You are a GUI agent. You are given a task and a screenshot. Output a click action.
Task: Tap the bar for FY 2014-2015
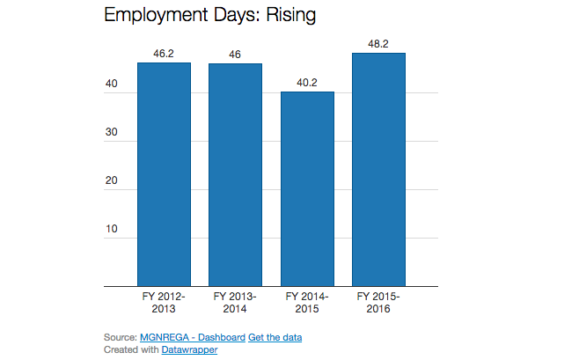click(x=307, y=188)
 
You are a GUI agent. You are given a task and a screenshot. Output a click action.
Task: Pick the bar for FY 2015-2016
click(x=378, y=169)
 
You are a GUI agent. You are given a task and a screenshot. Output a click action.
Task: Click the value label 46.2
click(x=164, y=54)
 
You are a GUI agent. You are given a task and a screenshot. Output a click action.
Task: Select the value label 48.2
click(x=378, y=44)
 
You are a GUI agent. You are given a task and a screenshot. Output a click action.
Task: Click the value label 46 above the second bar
click(x=235, y=55)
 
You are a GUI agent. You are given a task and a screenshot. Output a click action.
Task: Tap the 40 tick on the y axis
click(x=112, y=84)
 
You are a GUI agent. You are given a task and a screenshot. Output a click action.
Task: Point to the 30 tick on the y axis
click(x=112, y=133)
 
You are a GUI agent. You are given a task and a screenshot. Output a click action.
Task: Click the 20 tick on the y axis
click(x=112, y=181)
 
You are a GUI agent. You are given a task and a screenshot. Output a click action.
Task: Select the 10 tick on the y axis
click(x=112, y=230)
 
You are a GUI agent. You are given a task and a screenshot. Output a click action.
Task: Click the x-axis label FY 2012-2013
click(x=164, y=303)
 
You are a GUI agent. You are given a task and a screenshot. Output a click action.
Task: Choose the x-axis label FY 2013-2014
click(x=235, y=303)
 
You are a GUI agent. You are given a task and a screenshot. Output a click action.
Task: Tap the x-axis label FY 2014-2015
click(x=307, y=303)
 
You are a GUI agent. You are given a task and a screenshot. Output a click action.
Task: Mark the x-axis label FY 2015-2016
click(x=378, y=303)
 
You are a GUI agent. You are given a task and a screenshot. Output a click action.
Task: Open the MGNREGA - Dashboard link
click(x=192, y=338)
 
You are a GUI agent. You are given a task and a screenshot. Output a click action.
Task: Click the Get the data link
click(x=275, y=338)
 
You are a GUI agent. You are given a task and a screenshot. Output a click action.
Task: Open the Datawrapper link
click(x=189, y=349)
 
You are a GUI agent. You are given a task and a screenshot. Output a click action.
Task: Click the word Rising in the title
click(x=285, y=15)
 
